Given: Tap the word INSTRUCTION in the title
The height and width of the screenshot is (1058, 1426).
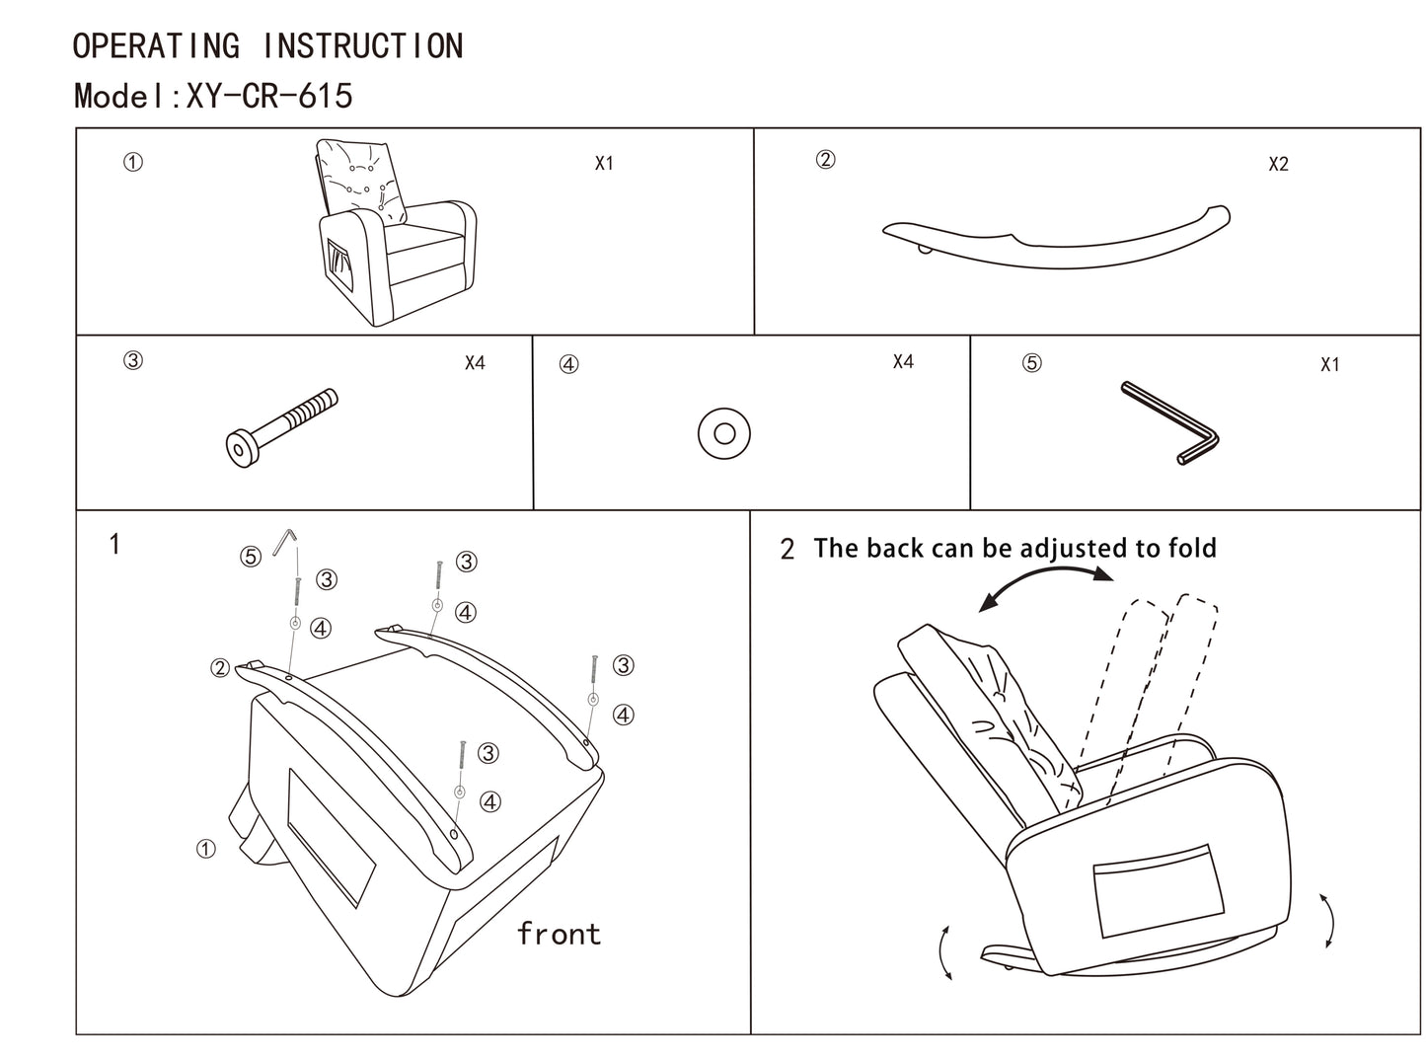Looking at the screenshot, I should pyautogui.click(x=363, y=46).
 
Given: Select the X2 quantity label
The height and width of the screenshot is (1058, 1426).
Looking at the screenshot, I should pyautogui.click(x=1278, y=165).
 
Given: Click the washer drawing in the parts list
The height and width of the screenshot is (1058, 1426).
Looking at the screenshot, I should pyautogui.click(x=723, y=433).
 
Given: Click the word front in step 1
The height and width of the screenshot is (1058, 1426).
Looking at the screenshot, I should pyautogui.click(x=559, y=934).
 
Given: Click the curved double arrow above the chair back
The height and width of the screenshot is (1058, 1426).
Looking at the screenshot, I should pyautogui.click(x=1046, y=589).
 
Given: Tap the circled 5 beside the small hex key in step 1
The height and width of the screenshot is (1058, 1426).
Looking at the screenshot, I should pyautogui.click(x=251, y=557).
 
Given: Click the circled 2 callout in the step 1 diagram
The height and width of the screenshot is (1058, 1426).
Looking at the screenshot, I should pyautogui.click(x=220, y=668).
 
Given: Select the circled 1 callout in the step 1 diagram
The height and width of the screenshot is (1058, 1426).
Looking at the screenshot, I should pyautogui.click(x=205, y=849).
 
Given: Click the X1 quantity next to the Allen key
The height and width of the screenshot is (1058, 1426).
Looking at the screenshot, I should pyautogui.click(x=1329, y=365).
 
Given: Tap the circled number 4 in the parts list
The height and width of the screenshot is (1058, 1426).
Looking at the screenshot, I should pyautogui.click(x=568, y=364).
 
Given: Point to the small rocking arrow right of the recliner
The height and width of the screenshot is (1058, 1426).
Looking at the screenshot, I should pyautogui.click(x=1328, y=921).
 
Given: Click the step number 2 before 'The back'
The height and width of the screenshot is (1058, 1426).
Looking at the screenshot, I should pyautogui.click(x=787, y=550).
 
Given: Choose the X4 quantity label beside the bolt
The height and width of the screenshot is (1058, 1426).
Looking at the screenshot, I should pyautogui.click(x=475, y=363).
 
